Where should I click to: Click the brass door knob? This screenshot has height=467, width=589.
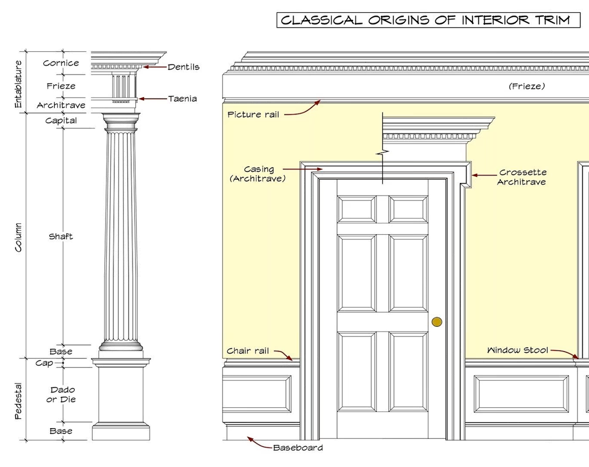pyautogui.click(x=437, y=322)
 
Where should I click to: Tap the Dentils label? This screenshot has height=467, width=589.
pyautogui.click(x=183, y=67)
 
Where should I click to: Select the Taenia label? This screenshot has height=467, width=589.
pyautogui.click(x=182, y=98)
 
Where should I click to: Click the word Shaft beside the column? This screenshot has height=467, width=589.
pyautogui.click(x=61, y=236)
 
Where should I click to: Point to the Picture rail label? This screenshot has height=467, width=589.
pyautogui.click(x=253, y=114)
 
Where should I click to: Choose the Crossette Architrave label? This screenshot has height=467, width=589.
pyautogui.click(x=522, y=177)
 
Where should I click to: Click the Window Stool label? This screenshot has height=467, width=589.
pyautogui.click(x=518, y=350)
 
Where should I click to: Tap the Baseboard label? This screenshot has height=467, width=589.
pyautogui.click(x=298, y=447)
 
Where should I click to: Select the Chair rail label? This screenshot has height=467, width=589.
pyautogui.click(x=248, y=351)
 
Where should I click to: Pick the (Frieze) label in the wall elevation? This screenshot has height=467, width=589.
pyautogui.click(x=526, y=86)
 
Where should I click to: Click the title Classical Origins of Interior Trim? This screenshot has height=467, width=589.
pyautogui.click(x=428, y=20)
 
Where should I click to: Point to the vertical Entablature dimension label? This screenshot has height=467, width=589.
pyautogui.click(x=18, y=84)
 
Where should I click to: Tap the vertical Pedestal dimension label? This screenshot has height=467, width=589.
pyautogui.click(x=18, y=400)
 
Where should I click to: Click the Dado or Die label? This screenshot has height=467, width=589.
pyautogui.click(x=61, y=395)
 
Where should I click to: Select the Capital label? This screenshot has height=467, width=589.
pyautogui.click(x=61, y=121)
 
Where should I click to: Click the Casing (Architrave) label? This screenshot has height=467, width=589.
pyautogui.click(x=258, y=174)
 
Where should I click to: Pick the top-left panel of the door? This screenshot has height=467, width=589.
pyautogui.click(x=356, y=209)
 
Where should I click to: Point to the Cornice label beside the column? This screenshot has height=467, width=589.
pyautogui.click(x=61, y=63)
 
